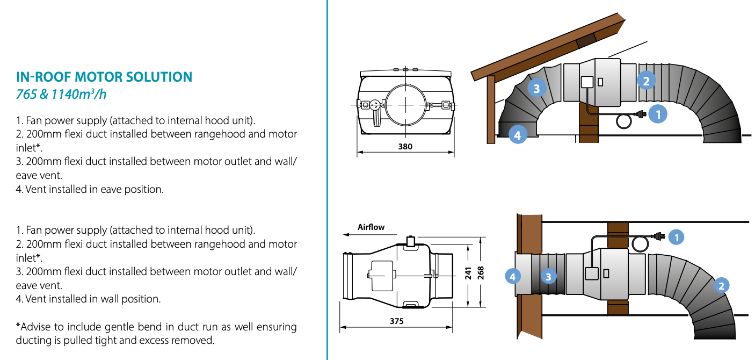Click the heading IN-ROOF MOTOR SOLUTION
(x=104, y=77)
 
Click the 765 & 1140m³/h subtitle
(x=61, y=95)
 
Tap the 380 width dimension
(x=406, y=146)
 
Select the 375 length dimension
(x=397, y=321)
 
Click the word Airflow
(x=371, y=227)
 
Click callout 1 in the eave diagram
(x=658, y=114)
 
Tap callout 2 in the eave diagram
(x=646, y=81)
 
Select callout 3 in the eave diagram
(x=536, y=88)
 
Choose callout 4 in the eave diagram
(x=517, y=135)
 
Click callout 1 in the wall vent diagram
(x=676, y=236)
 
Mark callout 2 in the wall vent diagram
(x=721, y=285)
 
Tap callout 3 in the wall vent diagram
(x=548, y=277)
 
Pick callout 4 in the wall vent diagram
(x=513, y=277)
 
